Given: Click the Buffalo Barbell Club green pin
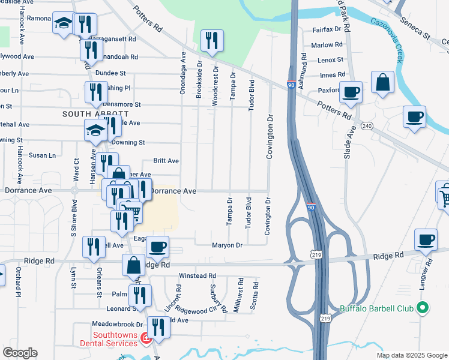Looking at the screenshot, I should point(422,308).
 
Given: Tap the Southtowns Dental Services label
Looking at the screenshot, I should point(114,339).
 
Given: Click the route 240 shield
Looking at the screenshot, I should point(367,125).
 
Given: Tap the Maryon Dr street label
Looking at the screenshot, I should point(227,245).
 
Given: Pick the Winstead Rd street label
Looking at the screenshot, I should point(197,276).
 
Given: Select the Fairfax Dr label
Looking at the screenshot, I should point(327,29).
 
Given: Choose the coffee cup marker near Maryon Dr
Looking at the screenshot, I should point(157,247).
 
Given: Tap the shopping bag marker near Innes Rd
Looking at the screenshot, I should point(382,83).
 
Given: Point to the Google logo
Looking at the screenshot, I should point(20,353).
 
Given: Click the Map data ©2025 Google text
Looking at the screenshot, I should point(411,355).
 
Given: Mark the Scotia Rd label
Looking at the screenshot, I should point(255,296).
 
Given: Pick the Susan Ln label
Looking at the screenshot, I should point(42,155).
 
